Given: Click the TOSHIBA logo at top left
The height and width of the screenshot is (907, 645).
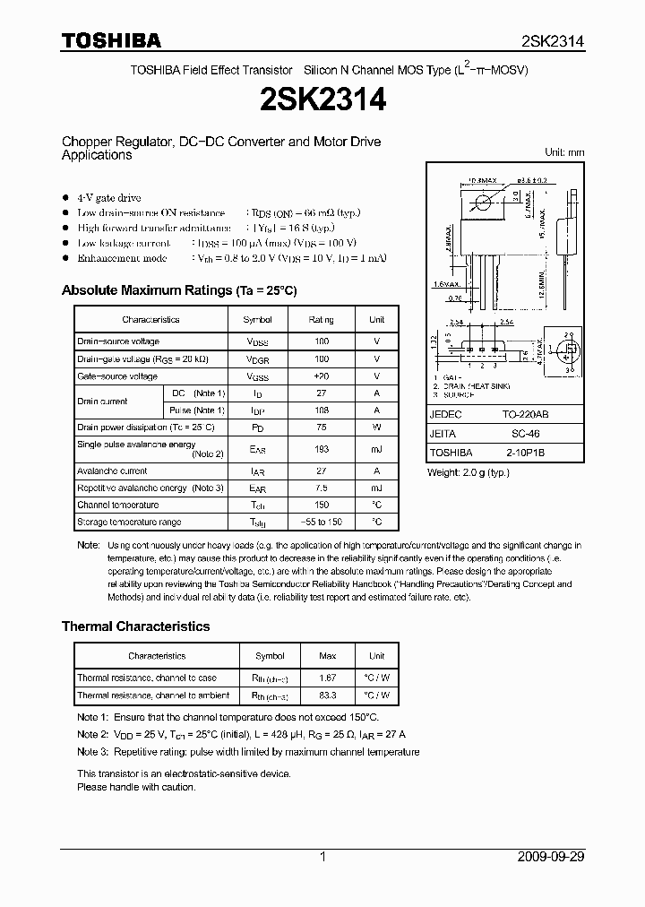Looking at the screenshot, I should click(x=111, y=40).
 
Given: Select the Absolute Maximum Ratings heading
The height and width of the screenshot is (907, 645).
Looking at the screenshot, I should click(x=178, y=290).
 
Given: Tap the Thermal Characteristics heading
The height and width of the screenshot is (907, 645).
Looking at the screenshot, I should click(x=135, y=626).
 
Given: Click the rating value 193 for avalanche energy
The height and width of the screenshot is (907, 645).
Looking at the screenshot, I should click(x=321, y=448).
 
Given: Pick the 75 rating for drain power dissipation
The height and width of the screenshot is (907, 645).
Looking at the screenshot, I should click(x=321, y=428).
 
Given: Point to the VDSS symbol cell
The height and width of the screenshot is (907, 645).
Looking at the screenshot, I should click(x=258, y=341).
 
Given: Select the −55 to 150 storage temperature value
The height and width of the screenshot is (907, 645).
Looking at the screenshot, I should click(x=321, y=522).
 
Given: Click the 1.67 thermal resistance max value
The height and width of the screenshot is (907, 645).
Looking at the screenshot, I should click(x=328, y=678).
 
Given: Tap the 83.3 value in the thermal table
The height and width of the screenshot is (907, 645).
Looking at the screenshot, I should click(x=328, y=695).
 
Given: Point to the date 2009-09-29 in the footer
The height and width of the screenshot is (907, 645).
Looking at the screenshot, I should click(x=551, y=857).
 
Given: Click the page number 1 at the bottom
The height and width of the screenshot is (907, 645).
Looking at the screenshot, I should click(x=322, y=857).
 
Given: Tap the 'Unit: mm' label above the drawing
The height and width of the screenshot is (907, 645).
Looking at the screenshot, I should click(x=564, y=152).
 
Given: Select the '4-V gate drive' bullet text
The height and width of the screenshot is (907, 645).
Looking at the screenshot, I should click(x=108, y=197).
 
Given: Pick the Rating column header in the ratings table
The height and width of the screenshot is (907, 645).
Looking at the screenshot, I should click(x=321, y=319).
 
